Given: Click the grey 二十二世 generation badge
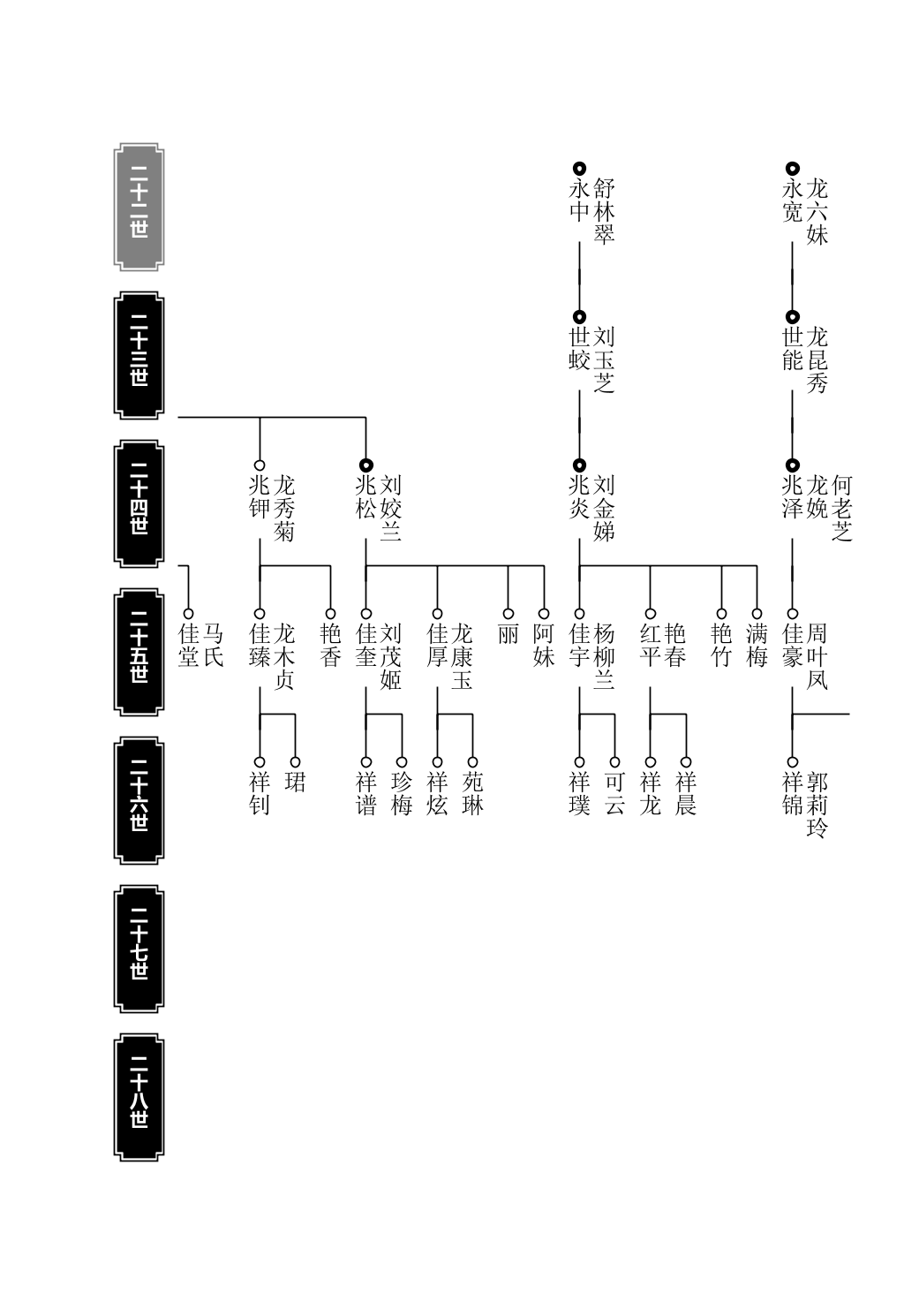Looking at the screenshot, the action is pos(139,207).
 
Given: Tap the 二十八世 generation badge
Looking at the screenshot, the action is pos(139,1097).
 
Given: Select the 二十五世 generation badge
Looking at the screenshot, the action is pos(139,652).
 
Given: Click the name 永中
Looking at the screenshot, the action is pos(579,200).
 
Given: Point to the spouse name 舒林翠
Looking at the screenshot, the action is pos(604,211).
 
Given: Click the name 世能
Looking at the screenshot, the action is pos(793,349).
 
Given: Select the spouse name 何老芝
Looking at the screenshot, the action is pos(841,508).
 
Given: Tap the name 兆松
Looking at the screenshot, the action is pos(365,497).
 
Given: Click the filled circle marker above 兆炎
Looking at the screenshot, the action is pos(579,465).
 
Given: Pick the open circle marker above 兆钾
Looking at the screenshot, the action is pos(260,465).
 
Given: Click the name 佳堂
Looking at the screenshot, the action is pos(188,646).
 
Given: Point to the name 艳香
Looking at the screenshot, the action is pos(330,646).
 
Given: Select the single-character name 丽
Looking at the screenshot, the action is pos(508,634).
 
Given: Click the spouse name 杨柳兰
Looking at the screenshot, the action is pos(604,656).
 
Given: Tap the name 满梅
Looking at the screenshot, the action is pos(757,646).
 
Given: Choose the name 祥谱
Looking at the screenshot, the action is pos(365,793).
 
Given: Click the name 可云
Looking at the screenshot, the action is pos(614,793).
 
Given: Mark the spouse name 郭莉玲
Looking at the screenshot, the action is pos(817,805).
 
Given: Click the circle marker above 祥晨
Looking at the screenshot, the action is pos(686,762).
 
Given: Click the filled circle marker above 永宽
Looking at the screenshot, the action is pos(793,169).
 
